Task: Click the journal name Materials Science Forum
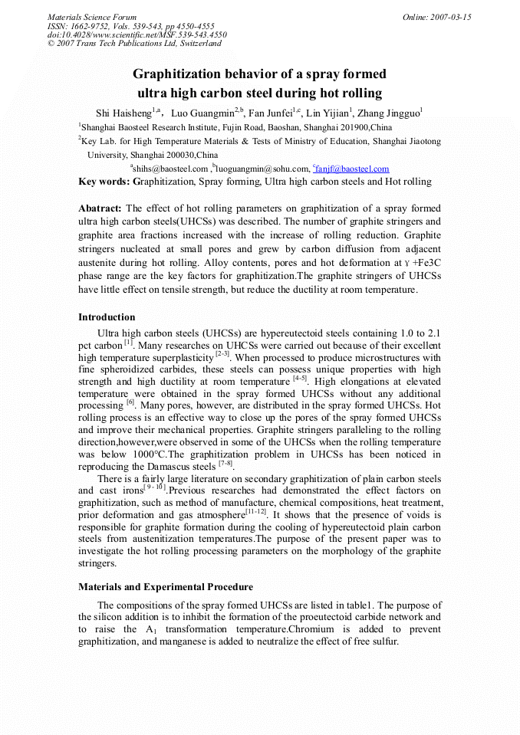point(92,17)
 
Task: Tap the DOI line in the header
point(137,34)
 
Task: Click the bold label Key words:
point(105,182)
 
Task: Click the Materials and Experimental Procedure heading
point(166,587)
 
